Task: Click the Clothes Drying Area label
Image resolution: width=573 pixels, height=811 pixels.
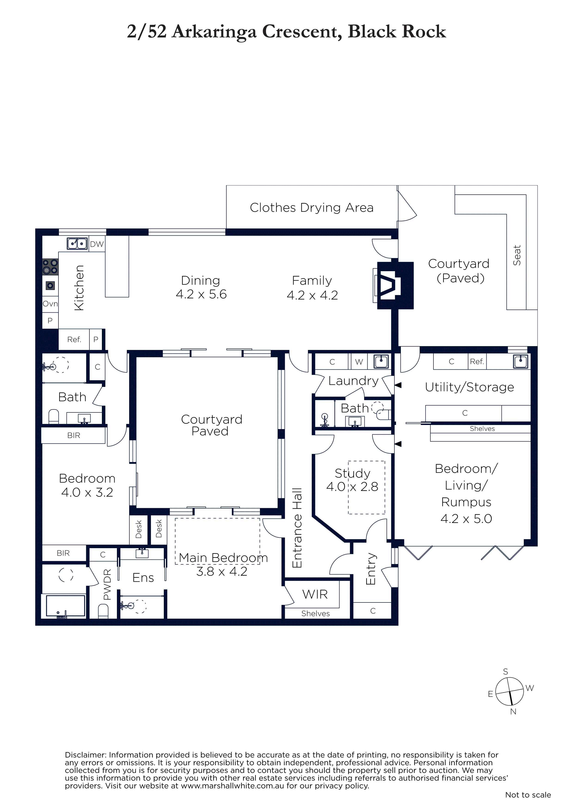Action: pos(311,208)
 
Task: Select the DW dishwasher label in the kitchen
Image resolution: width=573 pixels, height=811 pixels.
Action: pos(97,244)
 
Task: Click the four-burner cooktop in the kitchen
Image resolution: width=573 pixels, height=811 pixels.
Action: pos(50,267)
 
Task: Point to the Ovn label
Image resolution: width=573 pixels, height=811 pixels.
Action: pos(50,304)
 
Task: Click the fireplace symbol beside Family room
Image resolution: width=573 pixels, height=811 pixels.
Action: pos(392,286)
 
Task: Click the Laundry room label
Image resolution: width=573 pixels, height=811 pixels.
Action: pos(354,381)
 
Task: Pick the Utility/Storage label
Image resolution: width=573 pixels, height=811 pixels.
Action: pos(469,387)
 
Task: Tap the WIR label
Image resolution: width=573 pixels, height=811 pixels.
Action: pos(315,594)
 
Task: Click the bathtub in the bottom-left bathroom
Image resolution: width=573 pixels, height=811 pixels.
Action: pos(66,606)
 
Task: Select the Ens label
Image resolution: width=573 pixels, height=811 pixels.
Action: pos(143,578)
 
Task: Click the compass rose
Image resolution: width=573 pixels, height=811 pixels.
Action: pos(509,691)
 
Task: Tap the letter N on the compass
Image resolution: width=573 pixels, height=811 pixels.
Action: pos(513,712)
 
